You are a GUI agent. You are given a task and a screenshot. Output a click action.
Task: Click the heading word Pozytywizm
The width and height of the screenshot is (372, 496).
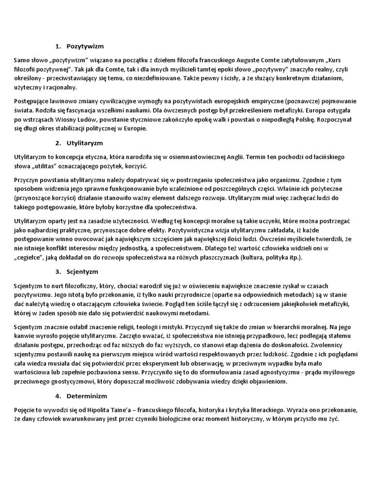86,46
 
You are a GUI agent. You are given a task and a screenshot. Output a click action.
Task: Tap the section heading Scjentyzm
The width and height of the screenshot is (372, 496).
83,271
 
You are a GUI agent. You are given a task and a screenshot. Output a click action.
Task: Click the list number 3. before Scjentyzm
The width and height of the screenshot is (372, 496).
58,271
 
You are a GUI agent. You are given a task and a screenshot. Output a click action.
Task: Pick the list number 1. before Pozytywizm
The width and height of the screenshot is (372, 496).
58,46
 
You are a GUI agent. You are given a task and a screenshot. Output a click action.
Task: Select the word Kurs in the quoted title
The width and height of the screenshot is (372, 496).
338,61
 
